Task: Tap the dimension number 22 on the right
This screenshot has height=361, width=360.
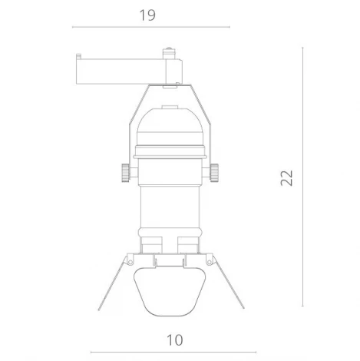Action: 286,177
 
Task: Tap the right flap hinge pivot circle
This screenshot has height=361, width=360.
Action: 207,256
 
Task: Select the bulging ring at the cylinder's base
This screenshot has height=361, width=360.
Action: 172,233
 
